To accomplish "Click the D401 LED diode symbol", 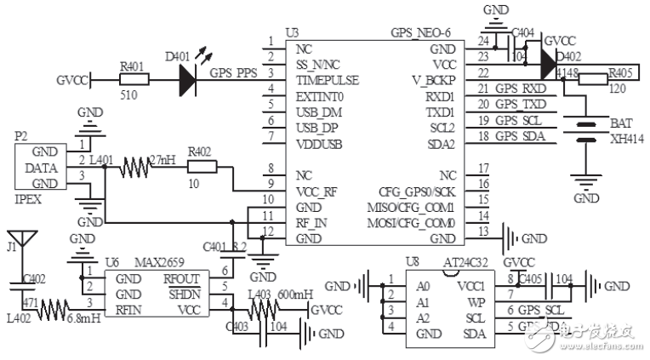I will coord(186,80).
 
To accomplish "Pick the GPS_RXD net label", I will coord(521,89).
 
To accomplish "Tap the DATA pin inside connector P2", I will coord(42,168).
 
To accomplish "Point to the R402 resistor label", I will coord(202,151).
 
